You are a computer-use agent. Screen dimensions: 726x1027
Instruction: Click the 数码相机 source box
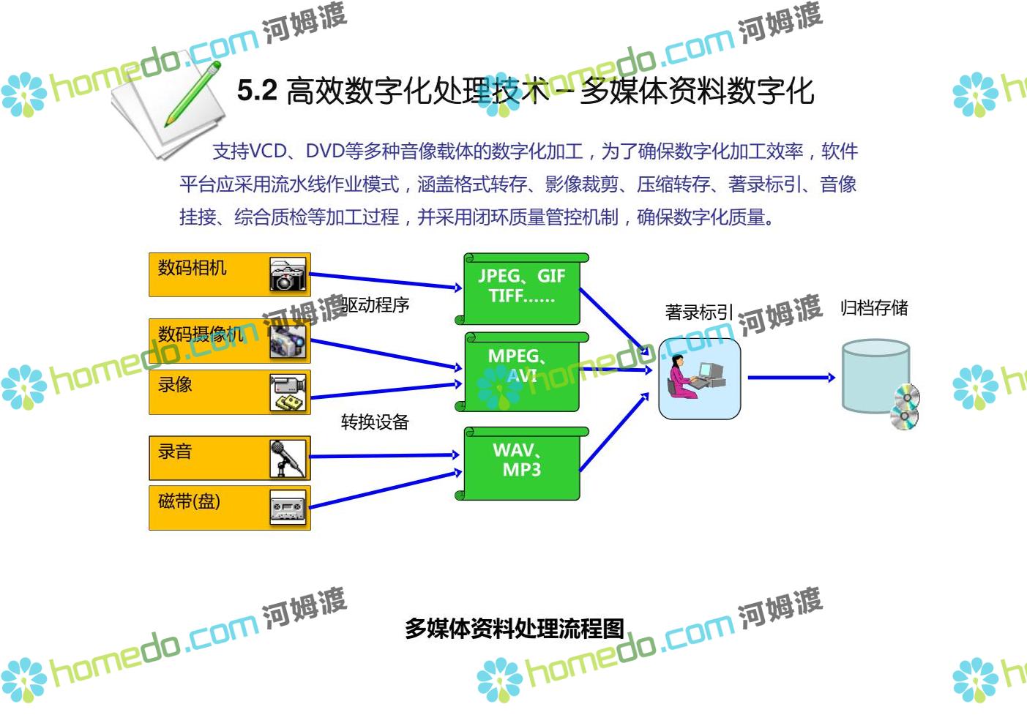click(x=229, y=274)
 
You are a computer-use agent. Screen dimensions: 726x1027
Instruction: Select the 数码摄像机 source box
click(x=229, y=341)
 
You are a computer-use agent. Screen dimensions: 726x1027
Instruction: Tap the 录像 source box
click(x=229, y=392)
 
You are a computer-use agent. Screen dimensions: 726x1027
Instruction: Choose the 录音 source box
click(x=229, y=458)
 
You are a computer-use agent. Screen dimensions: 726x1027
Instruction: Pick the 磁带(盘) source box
click(x=229, y=507)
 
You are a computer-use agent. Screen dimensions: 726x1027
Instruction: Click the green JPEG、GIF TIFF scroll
click(x=521, y=288)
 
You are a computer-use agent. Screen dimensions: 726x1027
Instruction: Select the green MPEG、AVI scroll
click(x=521, y=370)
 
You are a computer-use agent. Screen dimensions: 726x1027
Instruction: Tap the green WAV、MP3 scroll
click(x=521, y=463)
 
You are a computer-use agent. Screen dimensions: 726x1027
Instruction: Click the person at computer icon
click(x=699, y=378)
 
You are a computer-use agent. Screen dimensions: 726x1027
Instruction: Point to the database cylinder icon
click(x=875, y=376)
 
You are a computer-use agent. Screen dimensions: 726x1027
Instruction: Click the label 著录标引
click(x=698, y=313)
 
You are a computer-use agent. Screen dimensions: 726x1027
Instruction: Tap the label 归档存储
click(x=874, y=307)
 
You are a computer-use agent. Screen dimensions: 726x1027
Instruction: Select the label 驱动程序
click(x=376, y=304)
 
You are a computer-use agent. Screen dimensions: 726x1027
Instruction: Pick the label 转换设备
click(x=375, y=422)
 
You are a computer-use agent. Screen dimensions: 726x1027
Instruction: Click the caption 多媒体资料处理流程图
click(x=515, y=628)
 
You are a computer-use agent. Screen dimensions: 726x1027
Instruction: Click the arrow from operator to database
click(x=791, y=378)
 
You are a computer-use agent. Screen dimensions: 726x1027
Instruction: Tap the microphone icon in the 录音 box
click(x=288, y=459)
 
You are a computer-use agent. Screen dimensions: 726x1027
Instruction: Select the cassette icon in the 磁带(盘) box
click(x=288, y=508)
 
